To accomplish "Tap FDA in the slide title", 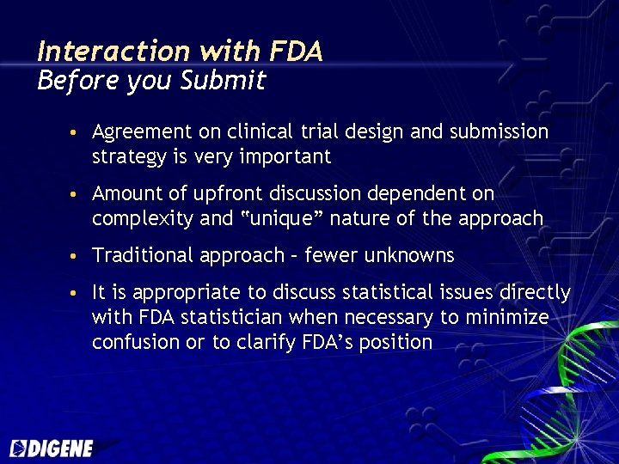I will click(296, 52).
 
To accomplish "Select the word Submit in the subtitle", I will click(223, 82).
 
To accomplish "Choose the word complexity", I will click(142, 219).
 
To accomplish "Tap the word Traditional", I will click(143, 256).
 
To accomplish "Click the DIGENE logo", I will click(52, 448).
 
